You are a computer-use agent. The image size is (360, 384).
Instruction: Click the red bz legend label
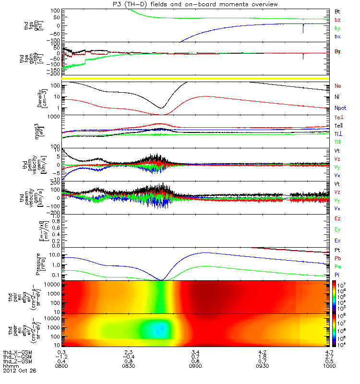[338, 20]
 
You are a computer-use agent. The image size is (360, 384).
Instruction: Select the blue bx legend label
[338, 36]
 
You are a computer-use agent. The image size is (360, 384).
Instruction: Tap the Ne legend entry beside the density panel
[338, 86]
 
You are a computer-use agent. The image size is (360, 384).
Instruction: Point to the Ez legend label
[338, 219]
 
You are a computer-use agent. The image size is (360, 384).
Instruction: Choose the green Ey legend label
[338, 229]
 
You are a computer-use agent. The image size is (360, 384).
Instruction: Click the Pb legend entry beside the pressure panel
[338, 258]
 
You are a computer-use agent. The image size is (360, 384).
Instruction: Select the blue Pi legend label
[338, 274]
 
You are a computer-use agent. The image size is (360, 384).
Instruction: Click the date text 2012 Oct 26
[19, 371]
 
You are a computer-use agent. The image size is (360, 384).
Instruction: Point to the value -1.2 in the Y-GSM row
[62, 357]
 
